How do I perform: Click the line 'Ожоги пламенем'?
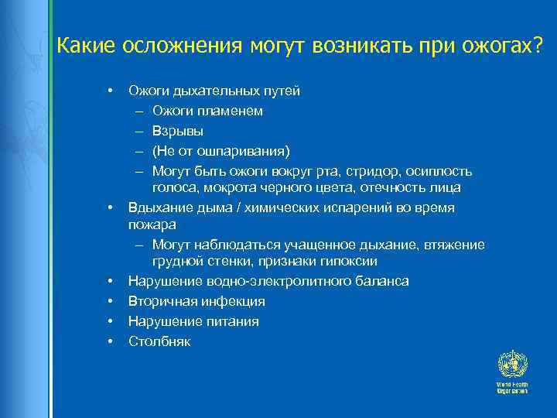pos(207,111)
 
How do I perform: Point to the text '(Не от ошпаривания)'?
pos(221,149)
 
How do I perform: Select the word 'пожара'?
pos(152,224)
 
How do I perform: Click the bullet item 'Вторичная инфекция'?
pos(196,301)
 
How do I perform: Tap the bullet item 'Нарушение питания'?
pos(193,320)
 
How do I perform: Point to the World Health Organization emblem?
pos(511,363)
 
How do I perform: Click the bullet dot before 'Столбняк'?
pos(111,341)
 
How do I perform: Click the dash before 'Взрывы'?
pos(140,130)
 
